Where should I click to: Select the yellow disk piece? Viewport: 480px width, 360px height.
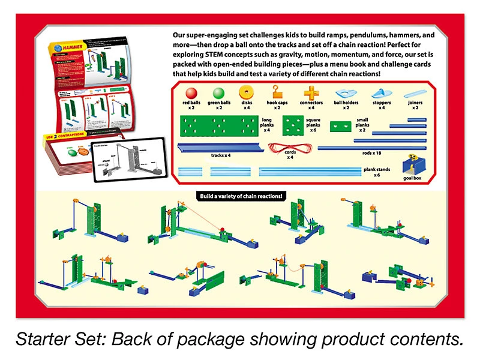point(246,92)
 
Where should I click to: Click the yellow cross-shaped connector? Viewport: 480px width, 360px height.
point(311,93)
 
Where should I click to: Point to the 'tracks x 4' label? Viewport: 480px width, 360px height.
point(223,157)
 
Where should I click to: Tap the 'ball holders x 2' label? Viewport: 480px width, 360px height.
point(346,105)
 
